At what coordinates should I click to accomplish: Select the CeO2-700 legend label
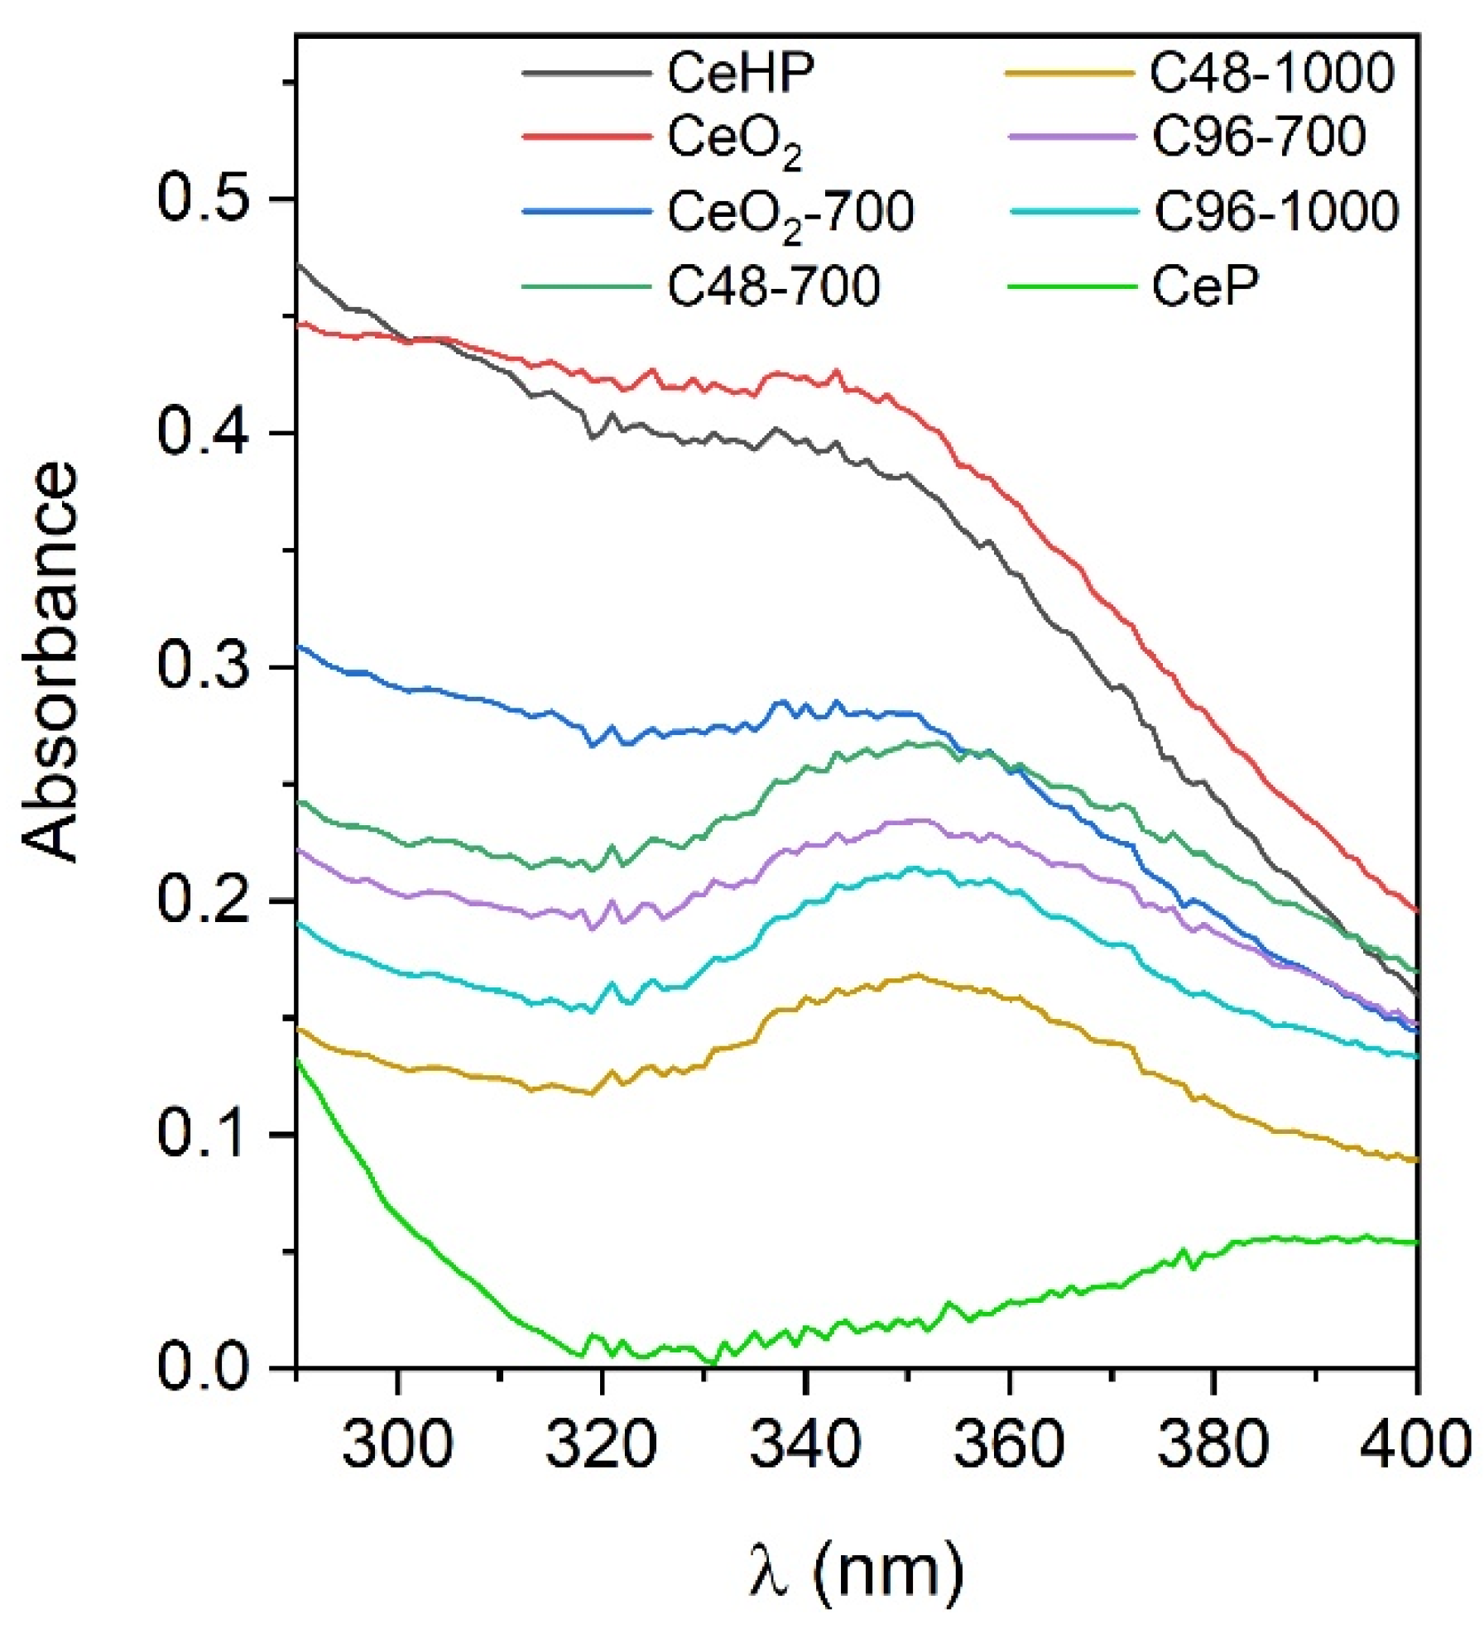click(x=790, y=212)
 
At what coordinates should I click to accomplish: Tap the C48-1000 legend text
click(x=1271, y=73)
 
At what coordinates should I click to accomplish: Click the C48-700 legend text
click(x=773, y=286)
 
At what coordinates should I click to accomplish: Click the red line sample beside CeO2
click(x=586, y=136)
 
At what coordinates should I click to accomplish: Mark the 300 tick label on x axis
click(x=398, y=1443)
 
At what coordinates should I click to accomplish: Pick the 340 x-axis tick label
click(x=804, y=1443)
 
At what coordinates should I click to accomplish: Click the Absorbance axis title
click(x=51, y=662)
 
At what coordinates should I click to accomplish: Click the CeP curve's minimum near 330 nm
click(x=713, y=1362)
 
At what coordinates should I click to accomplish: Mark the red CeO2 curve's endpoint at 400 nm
click(x=1417, y=910)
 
